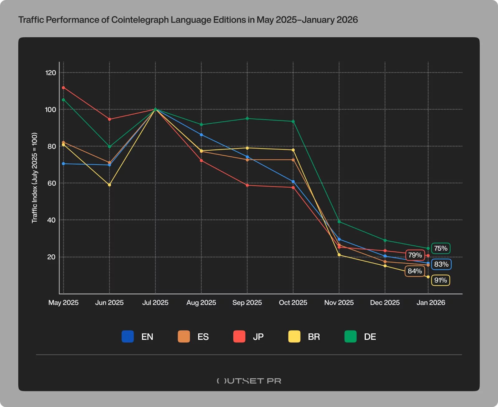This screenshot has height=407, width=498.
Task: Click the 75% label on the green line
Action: tap(441, 248)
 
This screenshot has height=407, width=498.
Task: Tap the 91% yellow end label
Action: tap(440, 280)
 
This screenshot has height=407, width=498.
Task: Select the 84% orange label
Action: tap(415, 271)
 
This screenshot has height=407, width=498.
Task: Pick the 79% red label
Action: tap(415, 255)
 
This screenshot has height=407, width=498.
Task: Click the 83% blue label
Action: tap(441, 264)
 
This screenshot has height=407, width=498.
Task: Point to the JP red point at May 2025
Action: tap(63, 88)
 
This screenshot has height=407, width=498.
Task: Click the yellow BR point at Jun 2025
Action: tap(109, 185)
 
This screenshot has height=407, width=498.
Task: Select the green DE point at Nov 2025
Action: tap(339, 222)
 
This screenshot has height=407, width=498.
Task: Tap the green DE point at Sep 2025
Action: tap(247, 118)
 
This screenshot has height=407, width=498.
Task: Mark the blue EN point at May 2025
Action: tap(63, 163)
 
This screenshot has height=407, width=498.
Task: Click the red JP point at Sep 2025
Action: tap(247, 185)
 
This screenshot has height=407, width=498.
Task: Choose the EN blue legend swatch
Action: tap(128, 337)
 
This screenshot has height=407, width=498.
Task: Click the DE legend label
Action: tap(370, 337)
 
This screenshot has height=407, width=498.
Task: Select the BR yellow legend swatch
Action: tap(294, 337)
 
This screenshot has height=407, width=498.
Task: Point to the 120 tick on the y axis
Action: tap(51, 73)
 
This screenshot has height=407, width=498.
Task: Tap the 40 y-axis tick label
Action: tap(51, 220)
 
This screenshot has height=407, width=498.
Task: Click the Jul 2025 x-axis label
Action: tap(155, 303)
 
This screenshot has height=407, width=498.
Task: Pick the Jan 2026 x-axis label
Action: tap(431, 303)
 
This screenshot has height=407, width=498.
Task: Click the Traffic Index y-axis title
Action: tap(34, 178)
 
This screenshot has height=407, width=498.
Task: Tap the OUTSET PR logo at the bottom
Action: tap(249, 381)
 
